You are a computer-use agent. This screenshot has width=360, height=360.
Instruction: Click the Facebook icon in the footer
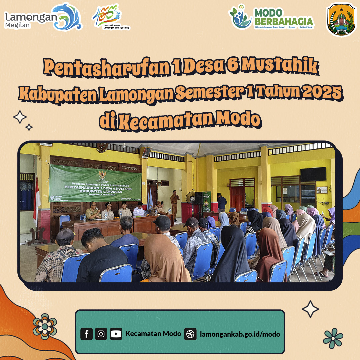click(x=87, y=334)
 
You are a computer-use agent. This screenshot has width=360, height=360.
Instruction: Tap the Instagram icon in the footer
click(x=101, y=334)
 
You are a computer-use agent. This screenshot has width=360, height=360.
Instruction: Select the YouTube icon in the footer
click(x=116, y=334)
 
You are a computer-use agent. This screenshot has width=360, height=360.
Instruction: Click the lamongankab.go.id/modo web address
click(x=240, y=334)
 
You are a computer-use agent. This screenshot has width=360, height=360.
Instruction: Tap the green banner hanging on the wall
click(x=95, y=183)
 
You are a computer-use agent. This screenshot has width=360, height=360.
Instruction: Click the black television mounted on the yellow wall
click(x=313, y=174)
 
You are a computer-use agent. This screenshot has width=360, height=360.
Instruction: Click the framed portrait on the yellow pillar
click(x=146, y=153)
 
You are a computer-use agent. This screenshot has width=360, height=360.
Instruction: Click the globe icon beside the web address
click(x=190, y=334)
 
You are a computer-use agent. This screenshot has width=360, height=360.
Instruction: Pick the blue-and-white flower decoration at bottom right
click(x=333, y=338)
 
